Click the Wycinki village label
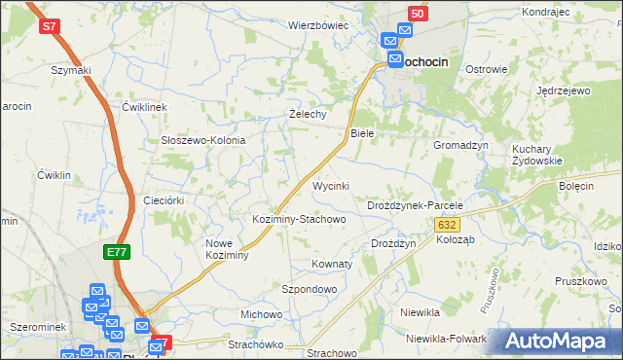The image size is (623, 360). (330, 185)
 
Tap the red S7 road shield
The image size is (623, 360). (51, 27)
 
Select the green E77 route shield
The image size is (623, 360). (117, 252)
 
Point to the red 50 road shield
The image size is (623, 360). (417, 14)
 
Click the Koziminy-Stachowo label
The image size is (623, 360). (299, 219)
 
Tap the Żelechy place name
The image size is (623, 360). (308, 114)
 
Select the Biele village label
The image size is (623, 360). (361, 132)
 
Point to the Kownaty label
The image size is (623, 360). (331, 264)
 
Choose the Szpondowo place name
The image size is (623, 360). (309, 289)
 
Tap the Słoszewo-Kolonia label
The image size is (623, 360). (202, 140)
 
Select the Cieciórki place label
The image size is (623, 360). (163, 199)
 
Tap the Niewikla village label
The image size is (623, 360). (421, 312)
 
